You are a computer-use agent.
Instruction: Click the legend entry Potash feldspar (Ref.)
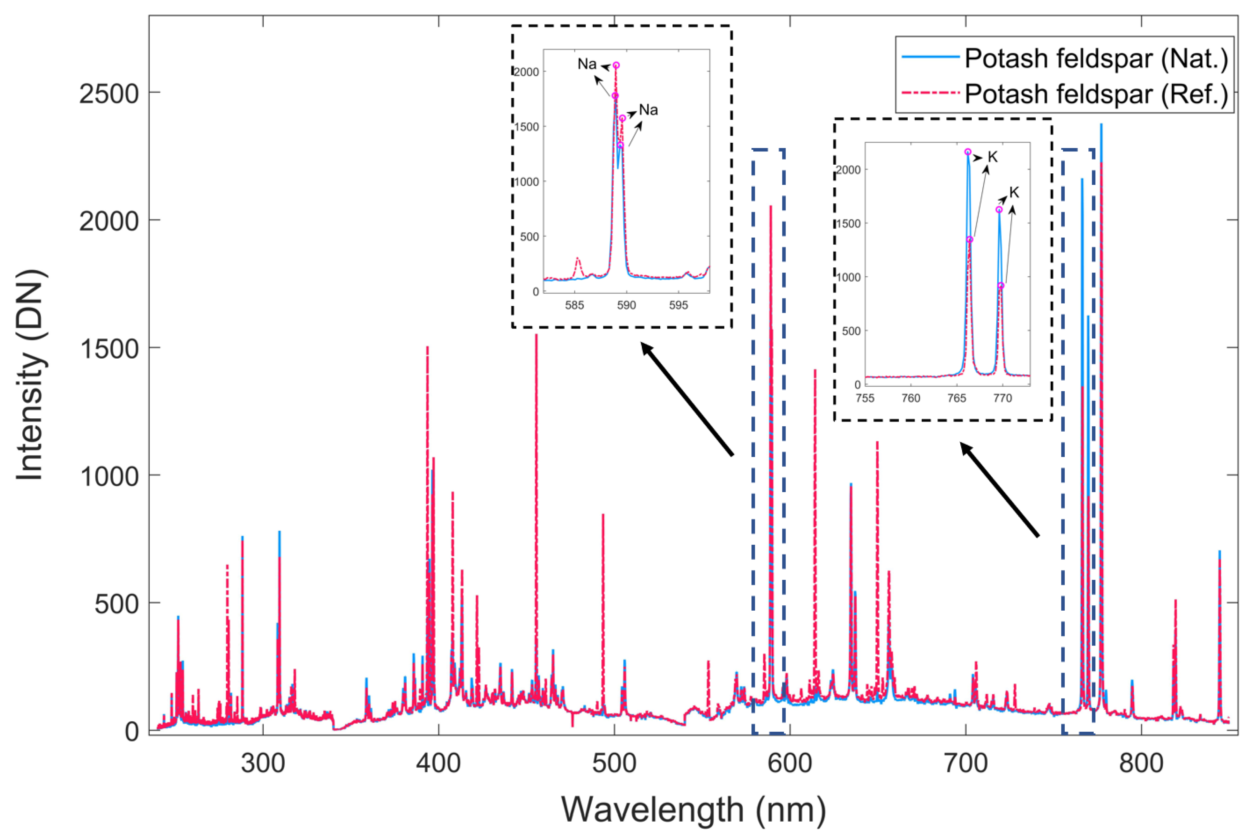(x=1096, y=94)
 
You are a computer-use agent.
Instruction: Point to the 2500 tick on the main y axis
(x=109, y=93)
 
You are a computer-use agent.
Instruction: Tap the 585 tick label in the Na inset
(x=575, y=306)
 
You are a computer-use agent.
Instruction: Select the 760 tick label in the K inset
(x=911, y=398)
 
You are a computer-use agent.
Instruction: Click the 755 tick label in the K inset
(x=865, y=398)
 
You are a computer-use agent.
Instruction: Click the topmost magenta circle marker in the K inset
(x=968, y=152)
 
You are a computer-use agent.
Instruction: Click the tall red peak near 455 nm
(x=536, y=341)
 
